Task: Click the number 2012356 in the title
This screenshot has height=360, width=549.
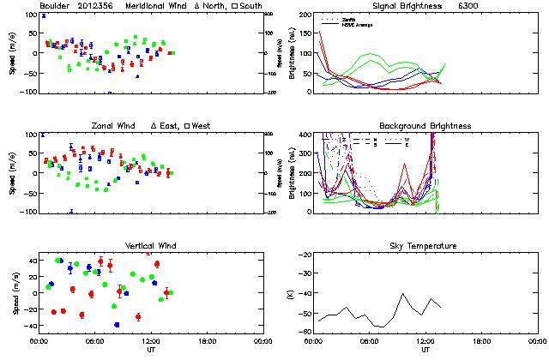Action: [x=94, y=6]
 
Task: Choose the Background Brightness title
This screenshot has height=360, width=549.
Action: [x=423, y=126]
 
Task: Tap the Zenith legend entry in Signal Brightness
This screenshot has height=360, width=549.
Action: [x=353, y=17]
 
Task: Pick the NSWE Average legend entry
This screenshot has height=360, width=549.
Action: [x=359, y=22]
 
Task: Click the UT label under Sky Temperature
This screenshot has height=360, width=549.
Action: [x=425, y=350]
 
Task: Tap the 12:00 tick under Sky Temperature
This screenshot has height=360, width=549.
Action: [x=425, y=341]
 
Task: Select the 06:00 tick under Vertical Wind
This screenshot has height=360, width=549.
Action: [x=94, y=341]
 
